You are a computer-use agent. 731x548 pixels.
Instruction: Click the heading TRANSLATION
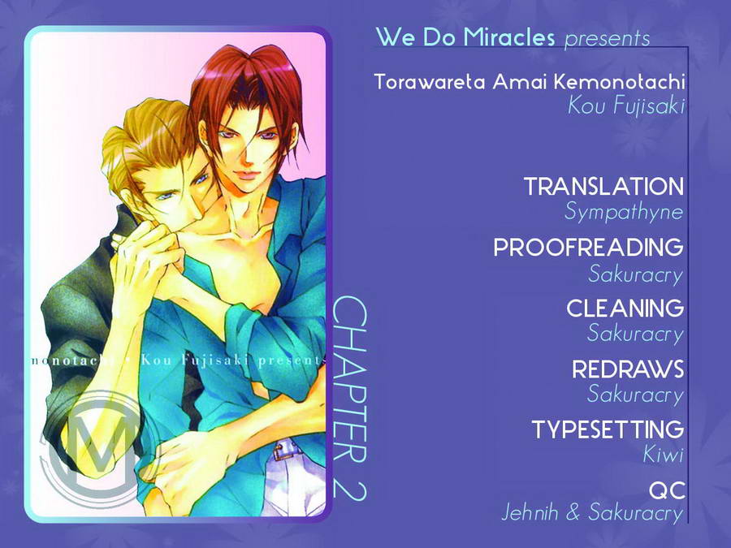[603, 187]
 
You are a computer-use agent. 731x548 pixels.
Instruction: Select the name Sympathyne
[624, 212]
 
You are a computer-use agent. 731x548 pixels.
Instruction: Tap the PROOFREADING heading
[588, 247]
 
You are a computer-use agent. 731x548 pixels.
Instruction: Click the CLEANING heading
[625, 308]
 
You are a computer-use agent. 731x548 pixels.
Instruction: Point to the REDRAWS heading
[628, 369]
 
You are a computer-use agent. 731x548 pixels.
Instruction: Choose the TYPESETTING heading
[608, 429]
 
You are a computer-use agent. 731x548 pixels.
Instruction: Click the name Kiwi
[663, 455]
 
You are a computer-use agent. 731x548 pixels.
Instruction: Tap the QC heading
[667, 490]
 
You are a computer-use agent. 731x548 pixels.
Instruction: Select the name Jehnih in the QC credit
[530, 512]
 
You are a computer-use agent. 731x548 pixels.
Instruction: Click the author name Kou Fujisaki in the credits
[626, 106]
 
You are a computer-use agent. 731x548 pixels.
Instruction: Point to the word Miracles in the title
[509, 37]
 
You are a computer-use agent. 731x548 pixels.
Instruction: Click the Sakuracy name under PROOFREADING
[635, 274]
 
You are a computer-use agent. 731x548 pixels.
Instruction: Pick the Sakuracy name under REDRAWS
[635, 395]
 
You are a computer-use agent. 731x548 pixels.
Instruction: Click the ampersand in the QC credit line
[573, 512]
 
